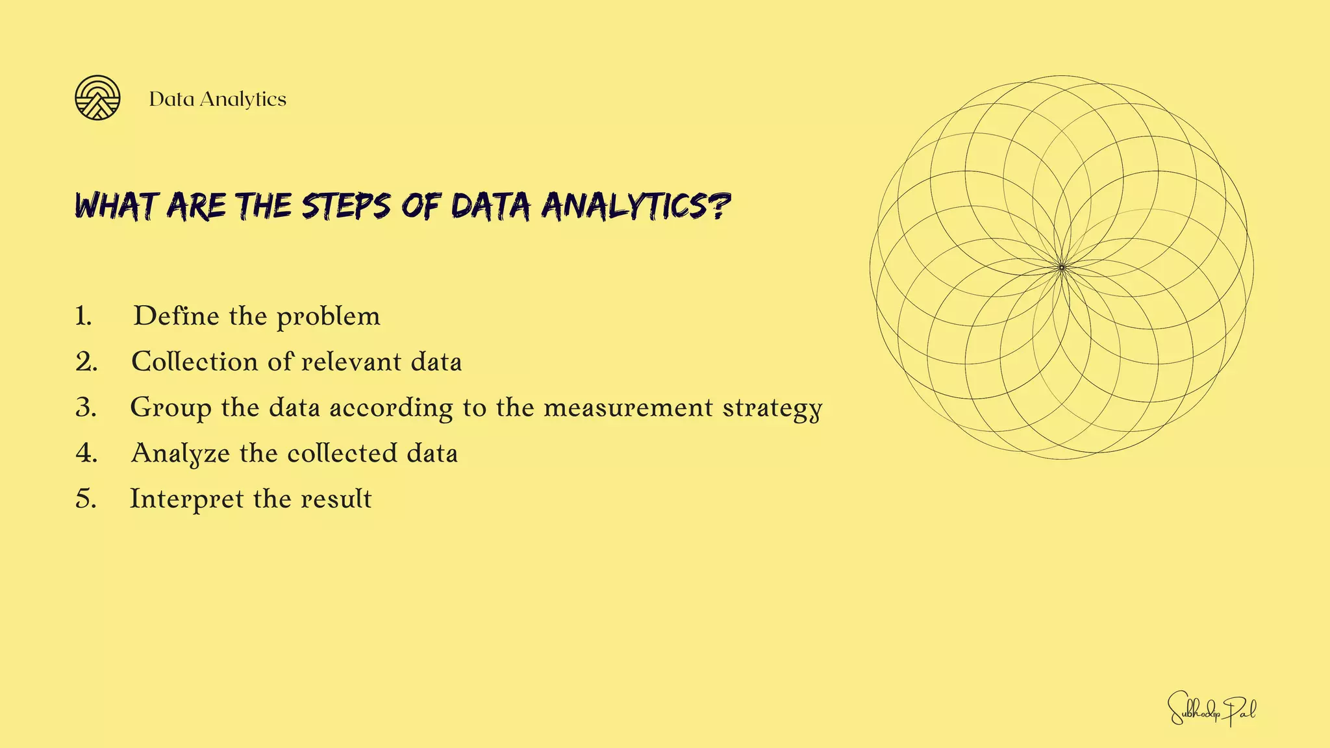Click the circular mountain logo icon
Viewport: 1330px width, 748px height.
pyautogui.click(x=97, y=98)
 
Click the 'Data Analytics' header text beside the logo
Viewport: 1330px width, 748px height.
pyautogui.click(x=218, y=99)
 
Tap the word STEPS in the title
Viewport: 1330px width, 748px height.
pyautogui.click(x=345, y=206)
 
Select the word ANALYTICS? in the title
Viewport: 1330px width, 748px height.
pyautogui.click(x=636, y=206)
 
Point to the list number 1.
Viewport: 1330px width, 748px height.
pyautogui.click(x=83, y=316)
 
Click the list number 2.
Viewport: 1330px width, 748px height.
pyautogui.click(x=86, y=362)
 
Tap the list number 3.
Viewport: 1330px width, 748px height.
pyautogui.click(x=86, y=408)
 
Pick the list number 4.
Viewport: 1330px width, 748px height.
pyautogui.click(x=86, y=453)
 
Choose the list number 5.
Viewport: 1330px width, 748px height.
pyautogui.click(x=86, y=499)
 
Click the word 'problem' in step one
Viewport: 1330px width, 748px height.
pyautogui.click(x=328, y=318)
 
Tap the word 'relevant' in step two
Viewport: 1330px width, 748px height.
pyautogui.click(x=351, y=362)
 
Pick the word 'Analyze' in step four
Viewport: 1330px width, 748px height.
pyautogui.click(x=181, y=454)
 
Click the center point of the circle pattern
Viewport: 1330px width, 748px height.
pyautogui.click(x=1062, y=268)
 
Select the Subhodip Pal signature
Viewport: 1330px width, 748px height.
pyautogui.click(x=1212, y=708)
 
